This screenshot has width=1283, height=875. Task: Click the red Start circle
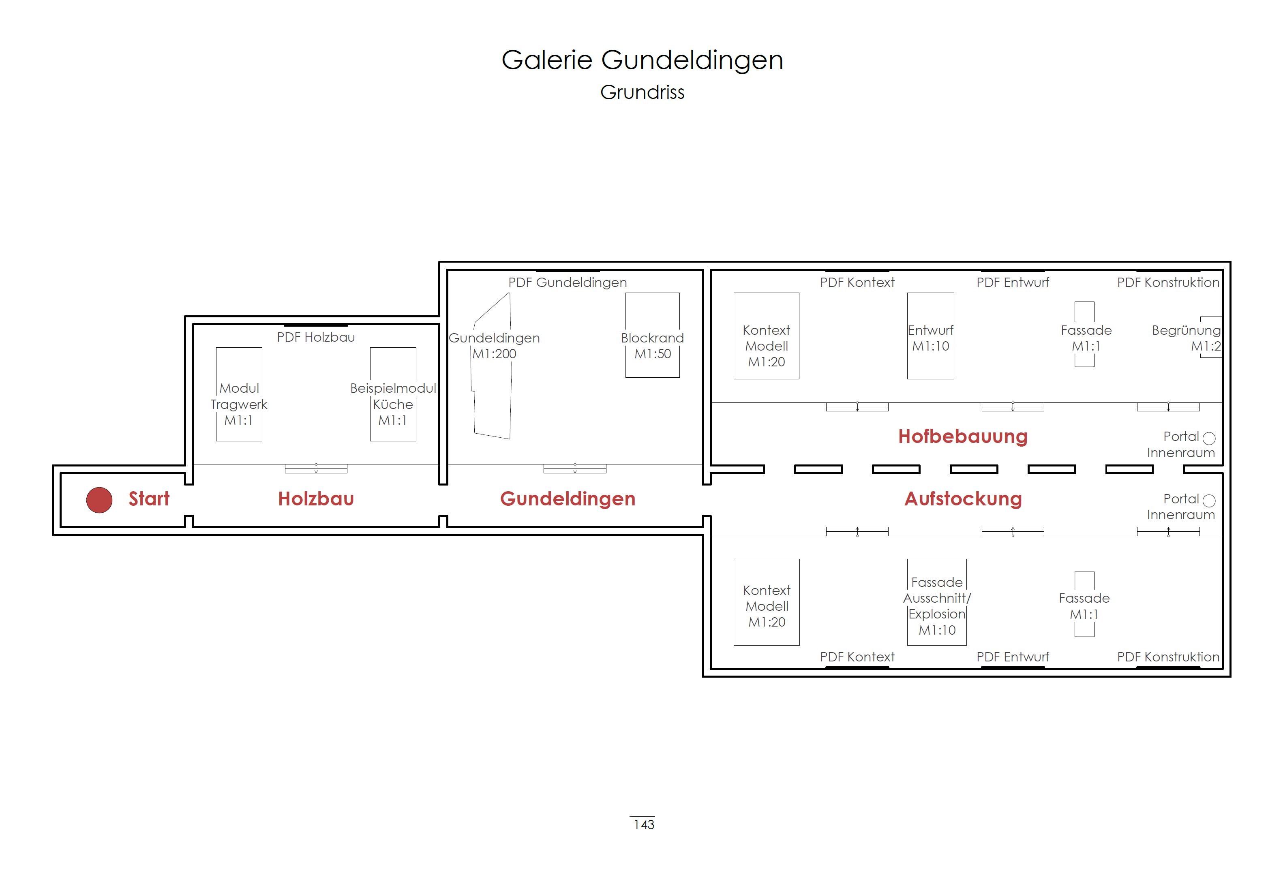point(99,500)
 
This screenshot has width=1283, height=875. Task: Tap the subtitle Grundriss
point(642,92)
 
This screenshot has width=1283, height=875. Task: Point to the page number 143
point(644,825)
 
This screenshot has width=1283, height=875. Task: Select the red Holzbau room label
point(316,498)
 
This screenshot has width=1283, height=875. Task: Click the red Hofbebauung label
point(962,436)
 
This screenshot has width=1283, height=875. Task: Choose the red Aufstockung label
point(963,498)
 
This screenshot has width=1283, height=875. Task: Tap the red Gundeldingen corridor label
point(568,498)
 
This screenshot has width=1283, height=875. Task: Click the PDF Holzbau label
point(316,337)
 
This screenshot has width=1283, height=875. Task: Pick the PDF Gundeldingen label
point(568,282)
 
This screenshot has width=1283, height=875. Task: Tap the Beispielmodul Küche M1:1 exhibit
point(392,394)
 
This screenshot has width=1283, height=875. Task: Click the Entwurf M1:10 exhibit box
point(930,336)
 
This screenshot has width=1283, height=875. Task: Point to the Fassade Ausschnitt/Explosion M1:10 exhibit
point(936,602)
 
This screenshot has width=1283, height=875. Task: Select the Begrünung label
point(1186,330)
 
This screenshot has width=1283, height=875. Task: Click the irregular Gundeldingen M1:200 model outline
point(491,375)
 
